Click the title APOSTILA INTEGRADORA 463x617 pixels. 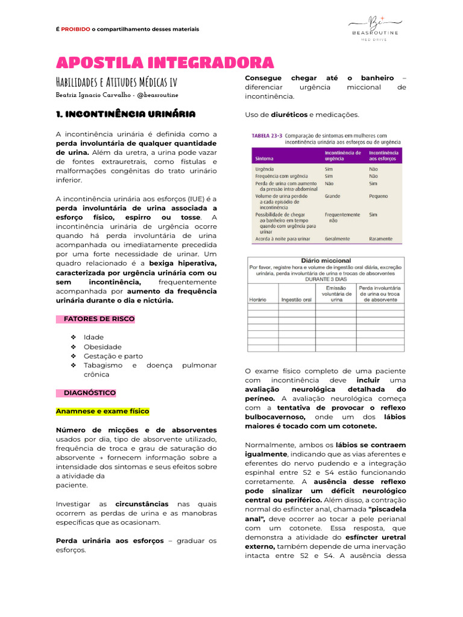click(x=165, y=63)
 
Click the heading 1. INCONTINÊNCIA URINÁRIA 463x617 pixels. click(x=125, y=114)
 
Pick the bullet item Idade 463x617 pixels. click(x=93, y=337)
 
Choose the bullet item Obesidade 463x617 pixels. click(x=102, y=347)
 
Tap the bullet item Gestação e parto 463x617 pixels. click(x=113, y=356)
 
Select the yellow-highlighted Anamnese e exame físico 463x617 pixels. click(x=102, y=412)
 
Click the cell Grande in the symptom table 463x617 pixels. click(x=332, y=196)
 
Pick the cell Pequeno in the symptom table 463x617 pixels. click(x=379, y=196)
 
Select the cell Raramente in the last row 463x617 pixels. click(x=381, y=239)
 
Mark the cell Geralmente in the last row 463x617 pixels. click(x=337, y=239)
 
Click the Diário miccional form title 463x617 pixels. click(x=326, y=261)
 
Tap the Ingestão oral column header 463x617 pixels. click(x=296, y=299)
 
